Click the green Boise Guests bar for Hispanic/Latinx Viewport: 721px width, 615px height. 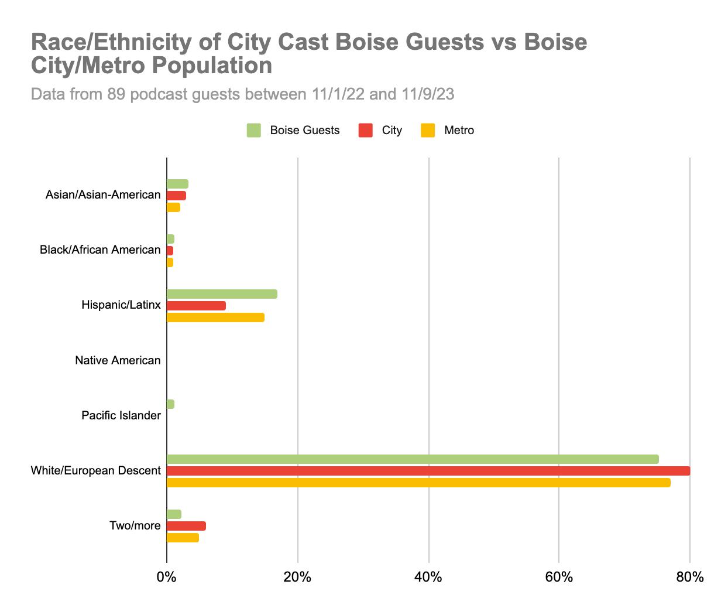[222, 294]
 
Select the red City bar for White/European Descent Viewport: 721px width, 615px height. [428, 471]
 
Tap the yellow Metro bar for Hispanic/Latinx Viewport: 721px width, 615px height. [215, 317]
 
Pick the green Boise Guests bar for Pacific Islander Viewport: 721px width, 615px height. [170, 404]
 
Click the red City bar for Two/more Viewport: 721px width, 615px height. [186, 526]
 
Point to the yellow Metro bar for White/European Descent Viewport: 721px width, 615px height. [418, 483]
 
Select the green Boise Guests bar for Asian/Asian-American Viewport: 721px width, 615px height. [177, 184]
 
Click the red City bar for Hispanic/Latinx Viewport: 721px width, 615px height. [196, 306]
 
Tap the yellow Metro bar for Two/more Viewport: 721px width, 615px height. [183, 538]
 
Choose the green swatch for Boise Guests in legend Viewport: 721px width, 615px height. [253, 131]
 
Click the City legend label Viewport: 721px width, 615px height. [392, 131]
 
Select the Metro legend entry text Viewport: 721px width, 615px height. [459, 131]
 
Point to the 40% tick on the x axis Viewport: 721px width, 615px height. [428, 578]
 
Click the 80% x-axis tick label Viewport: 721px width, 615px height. [689, 578]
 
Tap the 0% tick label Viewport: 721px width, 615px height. [167, 578]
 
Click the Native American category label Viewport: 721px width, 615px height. [118, 361]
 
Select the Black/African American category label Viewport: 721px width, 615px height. [100, 250]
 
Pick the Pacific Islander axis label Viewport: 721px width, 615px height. [121, 416]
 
